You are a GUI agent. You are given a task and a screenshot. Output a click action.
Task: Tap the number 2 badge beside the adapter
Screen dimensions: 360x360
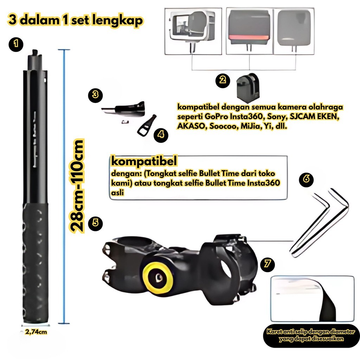222,80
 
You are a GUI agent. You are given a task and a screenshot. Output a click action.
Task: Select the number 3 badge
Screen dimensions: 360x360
95,95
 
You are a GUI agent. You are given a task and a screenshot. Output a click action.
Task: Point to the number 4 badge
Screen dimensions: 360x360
161,135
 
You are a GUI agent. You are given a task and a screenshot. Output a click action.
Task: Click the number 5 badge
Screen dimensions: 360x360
95,223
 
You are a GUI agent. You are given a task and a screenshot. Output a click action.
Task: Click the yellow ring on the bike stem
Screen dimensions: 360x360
157,278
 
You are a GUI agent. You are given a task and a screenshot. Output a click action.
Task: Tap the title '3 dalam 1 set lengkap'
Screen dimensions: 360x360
76,20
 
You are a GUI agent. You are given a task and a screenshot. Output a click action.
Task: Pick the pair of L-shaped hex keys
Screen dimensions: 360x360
320,220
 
